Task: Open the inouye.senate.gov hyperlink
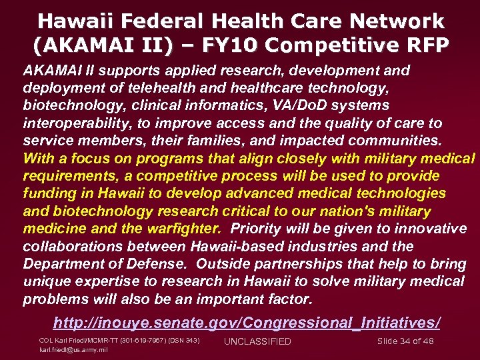(x=247, y=323)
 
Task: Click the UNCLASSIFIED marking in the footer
(x=257, y=342)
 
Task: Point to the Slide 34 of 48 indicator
(x=405, y=341)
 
